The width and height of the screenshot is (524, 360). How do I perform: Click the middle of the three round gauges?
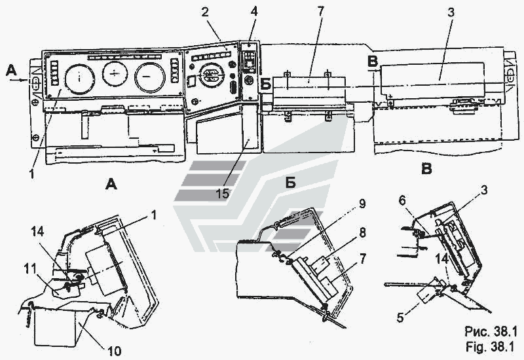[x=115, y=77]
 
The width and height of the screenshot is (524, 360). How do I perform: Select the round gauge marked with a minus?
[x=150, y=77]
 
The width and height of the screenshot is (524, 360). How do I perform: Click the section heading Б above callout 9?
[x=290, y=182]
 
